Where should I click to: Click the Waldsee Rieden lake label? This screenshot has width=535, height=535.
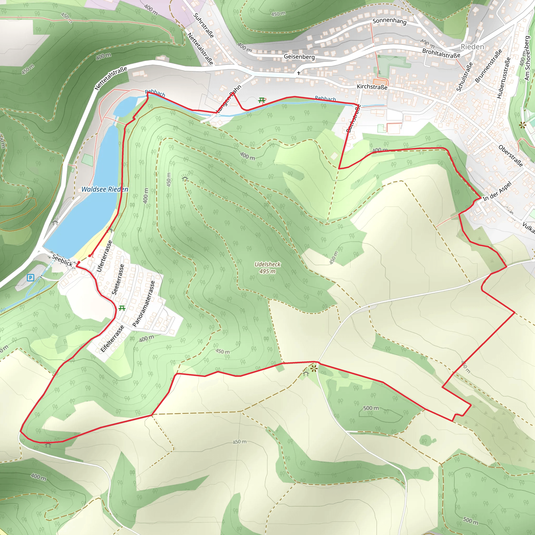pyautogui.click(x=105, y=189)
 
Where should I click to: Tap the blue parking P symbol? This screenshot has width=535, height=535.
pyautogui.click(x=31, y=277)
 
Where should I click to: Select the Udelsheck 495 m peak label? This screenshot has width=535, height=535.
pyautogui.click(x=267, y=267)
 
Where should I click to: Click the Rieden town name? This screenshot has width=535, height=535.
pyautogui.click(x=472, y=47)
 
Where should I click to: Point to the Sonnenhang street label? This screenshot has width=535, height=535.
pyautogui.click(x=389, y=21)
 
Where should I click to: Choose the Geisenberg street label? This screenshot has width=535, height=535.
pyautogui.click(x=299, y=57)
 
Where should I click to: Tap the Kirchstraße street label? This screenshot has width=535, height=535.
pyautogui.click(x=372, y=87)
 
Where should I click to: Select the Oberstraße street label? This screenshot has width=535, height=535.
pyautogui.click(x=510, y=156)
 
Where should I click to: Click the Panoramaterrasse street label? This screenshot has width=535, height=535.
pyautogui.click(x=143, y=304)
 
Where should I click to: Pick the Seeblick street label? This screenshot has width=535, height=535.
pyautogui.click(x=62, y=260)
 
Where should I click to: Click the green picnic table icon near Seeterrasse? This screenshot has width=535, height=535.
pyautogui.click(x=122, y=308)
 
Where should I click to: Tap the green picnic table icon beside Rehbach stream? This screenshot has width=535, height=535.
pyautogui.click(x=261, y=100)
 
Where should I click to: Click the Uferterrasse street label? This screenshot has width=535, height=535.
pyautogui.click(x=104, y=256)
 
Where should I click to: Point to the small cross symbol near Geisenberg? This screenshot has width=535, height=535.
pyautogui.click(x=299, y=73)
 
